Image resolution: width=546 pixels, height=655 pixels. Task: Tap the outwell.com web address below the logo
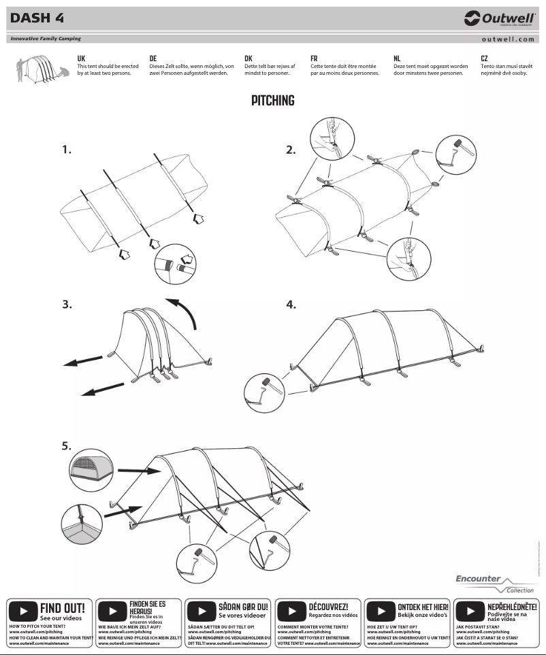pyautogui.click(x=507, y=39)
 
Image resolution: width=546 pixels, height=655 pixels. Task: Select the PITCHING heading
pyautogui.click(x=272, y=101)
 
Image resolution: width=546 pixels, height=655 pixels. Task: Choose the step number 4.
pyautogui.click(x=291, y=305)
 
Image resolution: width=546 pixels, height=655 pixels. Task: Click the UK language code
pyautogui.click(x=81, y=59)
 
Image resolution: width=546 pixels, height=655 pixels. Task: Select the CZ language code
pyautogui.click(x=484, y=59)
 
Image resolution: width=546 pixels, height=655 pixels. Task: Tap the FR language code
pyautogui.click(x=314, y=59)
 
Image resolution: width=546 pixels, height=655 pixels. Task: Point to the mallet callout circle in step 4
pyautogui.click(x=262, y=388)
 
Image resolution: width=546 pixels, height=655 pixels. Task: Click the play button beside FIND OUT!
pyautogui.click(x=24, y=609)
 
